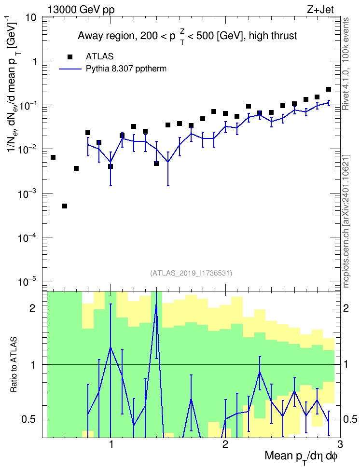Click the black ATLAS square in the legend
click(x=70, y=56)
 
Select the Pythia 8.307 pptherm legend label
click(x=126, y=69)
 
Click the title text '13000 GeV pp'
click(x=81, y=10)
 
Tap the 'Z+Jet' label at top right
click(x=320, y=10)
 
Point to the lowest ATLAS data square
click(x=65, y=206)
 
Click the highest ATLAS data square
click(x=329, y=89)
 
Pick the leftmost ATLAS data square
click(x=53, y=157)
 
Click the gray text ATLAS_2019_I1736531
click(x=191, y=273)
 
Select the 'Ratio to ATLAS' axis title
click(x=14, y=365)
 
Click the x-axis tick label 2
click(x=225, y=444)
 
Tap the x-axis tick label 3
click(x=340, y=444)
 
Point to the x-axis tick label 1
click(x=111, y=444)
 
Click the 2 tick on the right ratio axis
click(x=346, y=308)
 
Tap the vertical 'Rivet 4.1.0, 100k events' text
click(x=346, y=64)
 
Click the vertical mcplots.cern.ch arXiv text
click(x=346, y=221)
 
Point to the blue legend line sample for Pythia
click(x=70, y=69)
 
